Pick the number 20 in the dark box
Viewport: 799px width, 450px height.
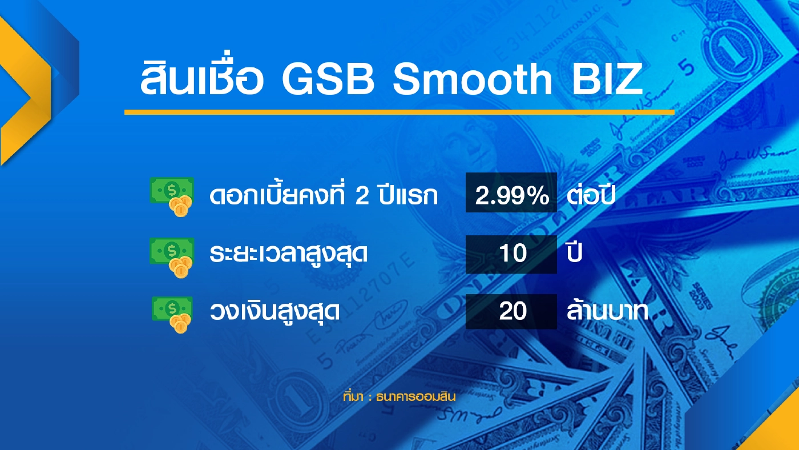[512, 312]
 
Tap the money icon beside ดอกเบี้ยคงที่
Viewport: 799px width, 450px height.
[171, 195]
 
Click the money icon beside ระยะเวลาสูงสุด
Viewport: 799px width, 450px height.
[172, 256]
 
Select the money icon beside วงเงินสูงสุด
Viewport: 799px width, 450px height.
[172, 314]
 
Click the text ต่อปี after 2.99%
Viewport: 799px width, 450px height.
[592, 195]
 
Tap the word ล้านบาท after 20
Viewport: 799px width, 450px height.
[607, 312]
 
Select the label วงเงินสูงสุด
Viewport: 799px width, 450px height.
[275, 312]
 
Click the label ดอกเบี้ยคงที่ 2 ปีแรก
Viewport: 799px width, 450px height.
[324, 196]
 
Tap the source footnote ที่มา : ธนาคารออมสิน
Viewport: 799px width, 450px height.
[399, 397]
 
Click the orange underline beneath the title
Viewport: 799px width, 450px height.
[399, 112]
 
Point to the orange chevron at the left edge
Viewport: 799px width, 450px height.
[23, 91]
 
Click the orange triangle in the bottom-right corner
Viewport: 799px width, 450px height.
[779, 431]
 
